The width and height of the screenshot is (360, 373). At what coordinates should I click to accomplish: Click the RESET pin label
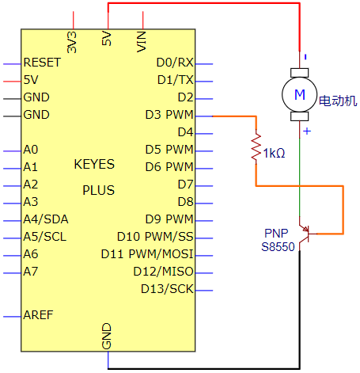(x=42, y=63)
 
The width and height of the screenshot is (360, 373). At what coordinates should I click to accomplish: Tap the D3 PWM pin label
(x=169, y=115)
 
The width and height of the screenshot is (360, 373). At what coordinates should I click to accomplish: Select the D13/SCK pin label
(x=167, y=289)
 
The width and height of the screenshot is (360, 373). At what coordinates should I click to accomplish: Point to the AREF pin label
(x=38, y=315)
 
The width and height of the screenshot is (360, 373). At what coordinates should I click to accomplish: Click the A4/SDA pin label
(x=46, y=219)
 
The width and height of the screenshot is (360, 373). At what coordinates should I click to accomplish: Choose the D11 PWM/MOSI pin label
(x=147, y=254)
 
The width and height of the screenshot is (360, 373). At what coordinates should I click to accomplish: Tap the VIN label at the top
(x=142, y=41)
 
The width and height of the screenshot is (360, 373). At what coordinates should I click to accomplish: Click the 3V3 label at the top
(x=72, y=42)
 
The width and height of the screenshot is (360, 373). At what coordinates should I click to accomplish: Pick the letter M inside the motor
(x=300, y=94)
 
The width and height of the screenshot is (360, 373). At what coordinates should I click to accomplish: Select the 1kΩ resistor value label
(x=275, y=153)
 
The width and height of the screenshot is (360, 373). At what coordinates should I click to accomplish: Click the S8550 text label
(x=278, y=247)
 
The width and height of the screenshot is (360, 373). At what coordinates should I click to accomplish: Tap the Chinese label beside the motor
(x=338, y=101)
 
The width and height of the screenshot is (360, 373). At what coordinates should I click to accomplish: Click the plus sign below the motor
(x=307, y=131)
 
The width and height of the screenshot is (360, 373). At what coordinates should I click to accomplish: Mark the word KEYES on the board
(x=94, y=165)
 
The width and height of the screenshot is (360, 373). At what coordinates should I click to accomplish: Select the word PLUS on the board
(x=98, y=190)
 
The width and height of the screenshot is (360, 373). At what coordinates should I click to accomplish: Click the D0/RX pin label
(x=175, y=63)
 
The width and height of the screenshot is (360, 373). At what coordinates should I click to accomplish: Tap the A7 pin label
(x=31, y=272)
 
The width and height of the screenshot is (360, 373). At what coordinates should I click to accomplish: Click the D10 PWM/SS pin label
(x=155, y=237)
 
